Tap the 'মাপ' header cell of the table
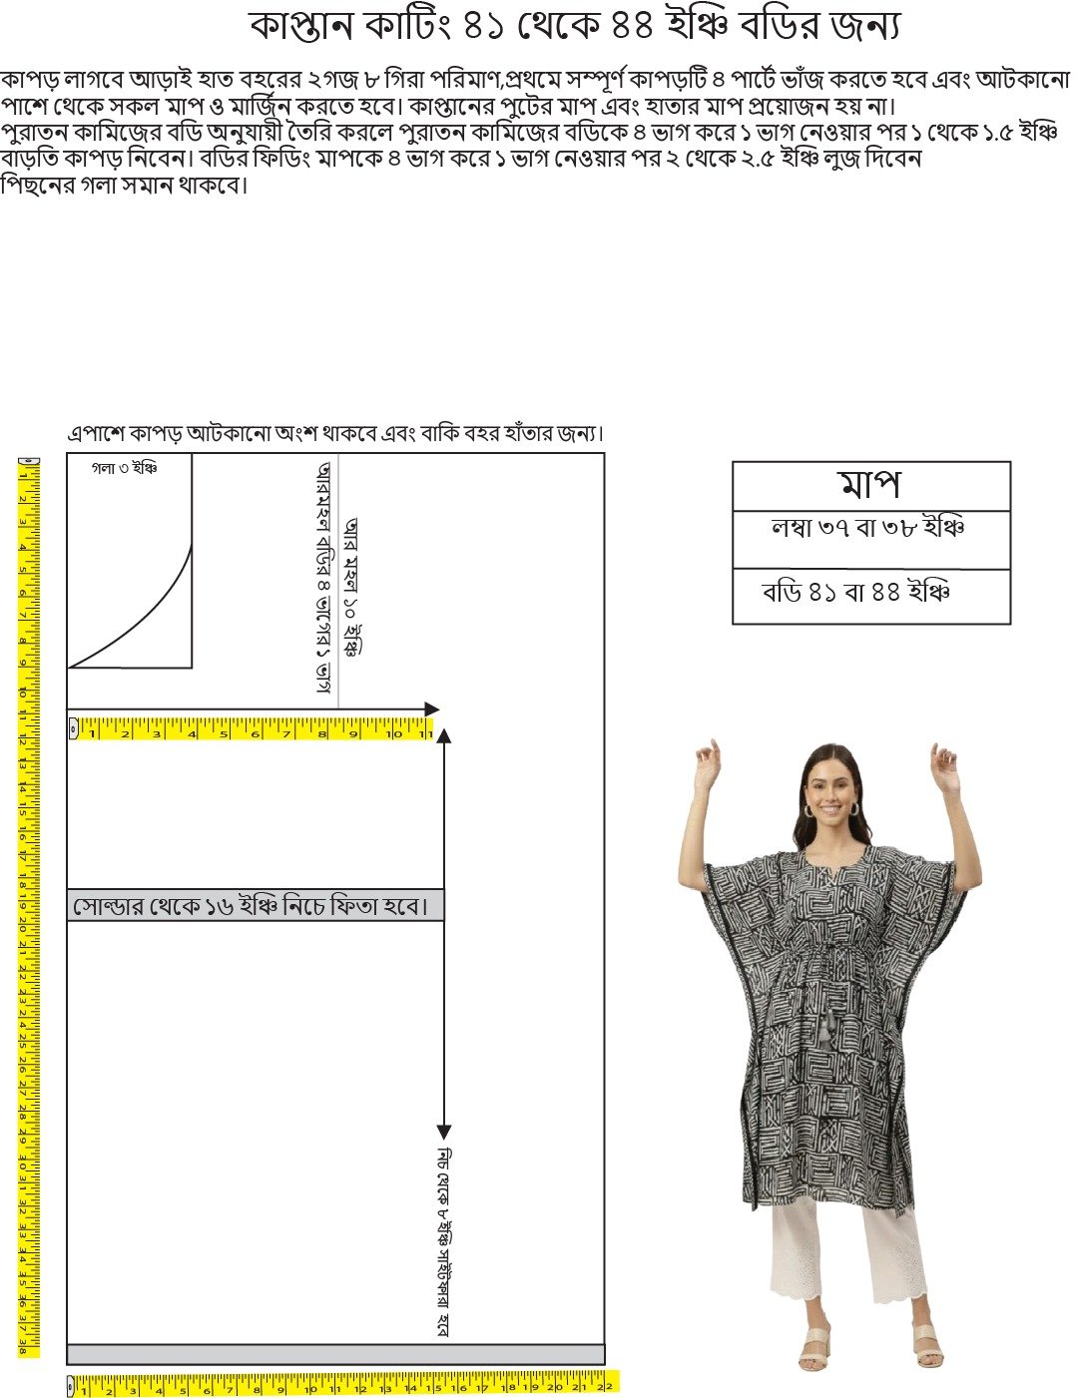coord(870,486)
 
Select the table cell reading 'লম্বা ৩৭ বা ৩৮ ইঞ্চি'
coord(868,529)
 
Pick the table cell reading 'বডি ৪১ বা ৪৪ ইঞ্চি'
coord(855,593)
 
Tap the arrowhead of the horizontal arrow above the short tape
coord(431,709)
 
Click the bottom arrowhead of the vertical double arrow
coord(444,1132)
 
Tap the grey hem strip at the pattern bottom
coord(335,1354)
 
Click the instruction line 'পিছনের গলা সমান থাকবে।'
coord(124,185)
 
